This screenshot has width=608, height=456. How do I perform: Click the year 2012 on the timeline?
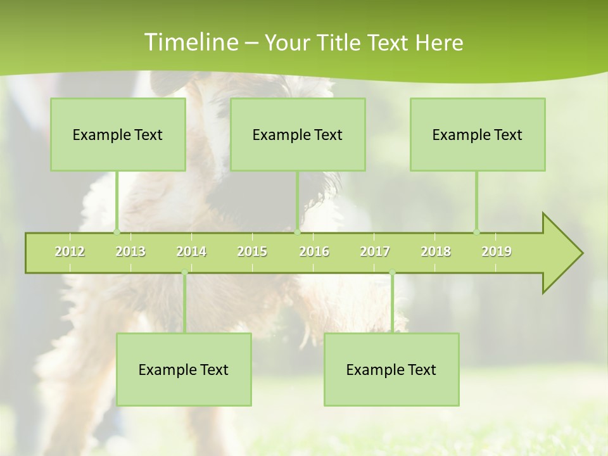pos(70,251)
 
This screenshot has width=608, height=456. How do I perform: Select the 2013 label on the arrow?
pos(130,251)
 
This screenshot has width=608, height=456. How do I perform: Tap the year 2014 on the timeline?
pos(191,251)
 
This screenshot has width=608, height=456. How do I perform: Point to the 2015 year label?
pos(252,251)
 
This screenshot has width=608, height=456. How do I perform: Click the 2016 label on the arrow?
pos(314,251)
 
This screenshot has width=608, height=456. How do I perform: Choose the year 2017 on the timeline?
pos(375,251)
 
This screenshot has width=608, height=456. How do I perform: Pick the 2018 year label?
pos(436,251)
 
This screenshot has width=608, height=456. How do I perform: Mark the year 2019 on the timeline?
pos(497,251)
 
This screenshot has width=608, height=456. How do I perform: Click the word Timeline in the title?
pos(190,42)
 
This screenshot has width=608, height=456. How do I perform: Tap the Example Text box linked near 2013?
pos(118,134)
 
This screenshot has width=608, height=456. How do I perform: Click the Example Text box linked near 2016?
pos(298,134)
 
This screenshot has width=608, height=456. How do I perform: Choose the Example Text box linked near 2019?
pos(478,134)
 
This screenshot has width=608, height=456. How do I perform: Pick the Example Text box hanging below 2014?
pos(184,369)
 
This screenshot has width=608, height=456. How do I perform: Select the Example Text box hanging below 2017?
pos(391,369)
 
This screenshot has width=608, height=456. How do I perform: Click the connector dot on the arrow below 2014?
pos(184,273)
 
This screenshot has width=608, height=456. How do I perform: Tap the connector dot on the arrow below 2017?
pos(392,273)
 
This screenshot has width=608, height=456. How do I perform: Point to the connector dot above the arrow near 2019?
pos(477,232)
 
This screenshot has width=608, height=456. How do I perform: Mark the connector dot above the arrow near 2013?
pos(117,232)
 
